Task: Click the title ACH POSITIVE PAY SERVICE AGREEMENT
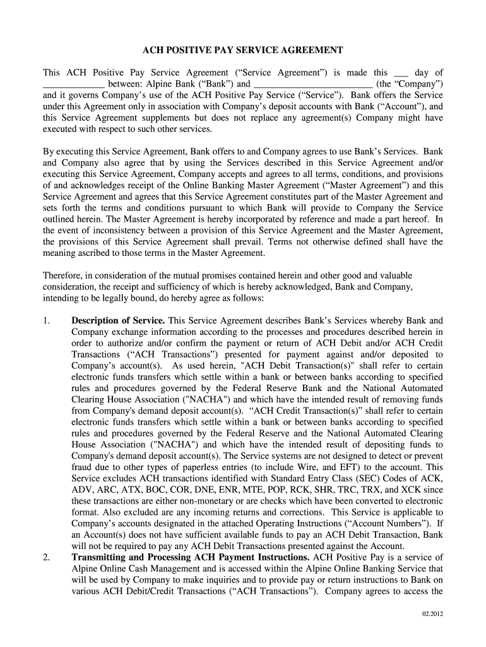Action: (242, 50)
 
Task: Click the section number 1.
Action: (46, 320)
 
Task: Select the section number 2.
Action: (46, 558)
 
